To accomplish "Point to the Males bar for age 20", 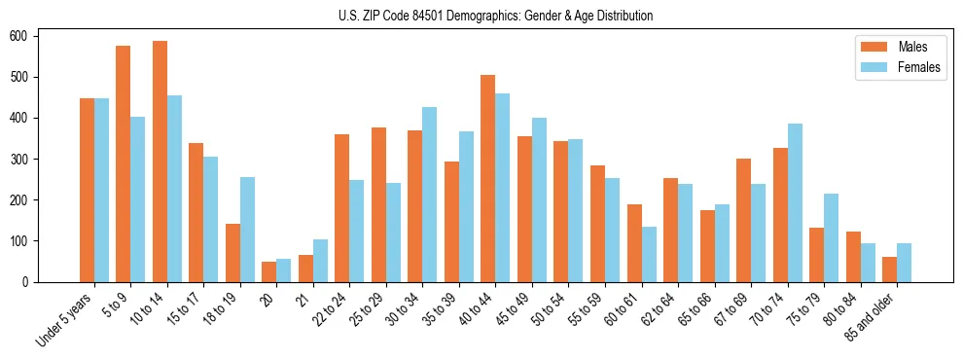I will coord(269,271).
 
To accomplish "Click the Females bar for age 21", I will coord(320,261).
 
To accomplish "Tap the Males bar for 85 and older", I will coord(889,270).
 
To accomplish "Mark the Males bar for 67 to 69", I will coord(743,220).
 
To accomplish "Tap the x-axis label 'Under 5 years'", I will coord(65,318).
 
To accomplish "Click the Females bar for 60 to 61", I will coord(649,255).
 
